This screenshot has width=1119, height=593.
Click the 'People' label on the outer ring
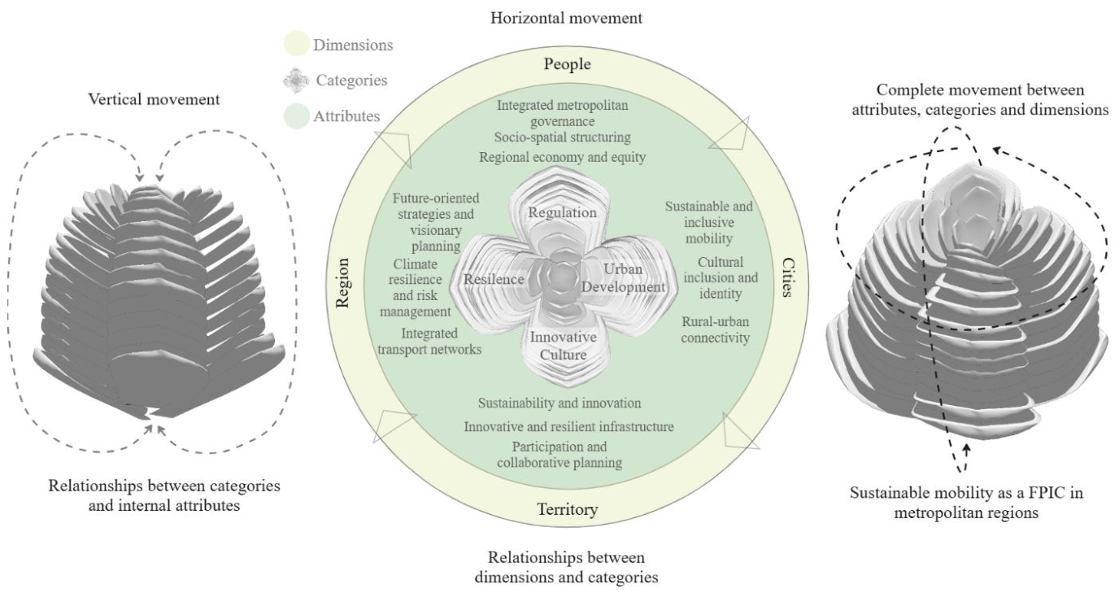point(567,64)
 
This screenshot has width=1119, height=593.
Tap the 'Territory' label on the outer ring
point(568,509)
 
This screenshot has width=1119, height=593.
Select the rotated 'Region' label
point(342,283)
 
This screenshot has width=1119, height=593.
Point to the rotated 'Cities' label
point(788,277)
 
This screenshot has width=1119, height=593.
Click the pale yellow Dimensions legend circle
point(297,43)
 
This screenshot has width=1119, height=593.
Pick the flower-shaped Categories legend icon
point(296,80)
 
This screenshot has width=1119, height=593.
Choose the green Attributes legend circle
point(297,116)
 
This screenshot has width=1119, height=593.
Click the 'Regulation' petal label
point(563,212)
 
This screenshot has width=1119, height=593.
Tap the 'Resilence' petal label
point(494,279)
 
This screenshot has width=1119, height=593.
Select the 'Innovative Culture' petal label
point(564,346)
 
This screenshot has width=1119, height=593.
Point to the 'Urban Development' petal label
point(624,277)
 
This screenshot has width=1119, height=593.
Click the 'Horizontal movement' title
point(566,18)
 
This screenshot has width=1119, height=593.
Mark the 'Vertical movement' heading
point(154,99)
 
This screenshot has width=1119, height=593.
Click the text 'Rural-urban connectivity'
point(716,329)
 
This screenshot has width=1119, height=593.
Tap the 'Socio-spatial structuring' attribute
point(563,137)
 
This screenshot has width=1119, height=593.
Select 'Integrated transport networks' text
point(429,341)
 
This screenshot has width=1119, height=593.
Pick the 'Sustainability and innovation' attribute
point(559,403)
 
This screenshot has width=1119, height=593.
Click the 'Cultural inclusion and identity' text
point(721,277)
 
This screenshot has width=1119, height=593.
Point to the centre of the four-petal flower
point(563,276)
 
